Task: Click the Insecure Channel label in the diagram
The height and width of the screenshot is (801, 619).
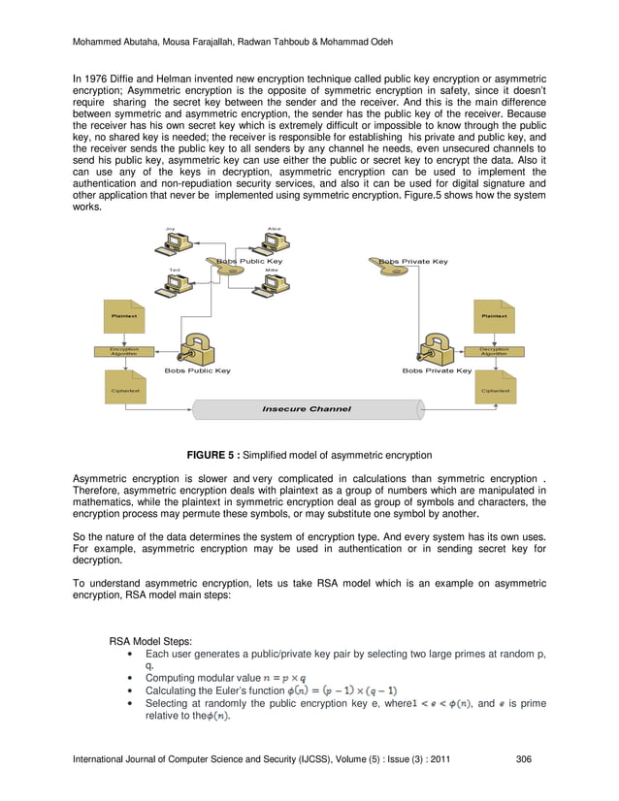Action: click(x=306, y=409)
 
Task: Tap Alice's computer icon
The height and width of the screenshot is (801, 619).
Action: click(x=274, y=239)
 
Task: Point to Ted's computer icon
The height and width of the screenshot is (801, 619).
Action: click(x=178, y=283)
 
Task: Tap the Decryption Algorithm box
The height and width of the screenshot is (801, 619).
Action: click(x=494, y=352)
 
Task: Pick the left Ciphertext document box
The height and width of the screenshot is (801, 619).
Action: click(x=124, y=389)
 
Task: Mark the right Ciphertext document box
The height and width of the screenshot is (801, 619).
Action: click(x=494, y=389)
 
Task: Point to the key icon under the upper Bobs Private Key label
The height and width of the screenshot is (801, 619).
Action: click(x=393, y=272)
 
